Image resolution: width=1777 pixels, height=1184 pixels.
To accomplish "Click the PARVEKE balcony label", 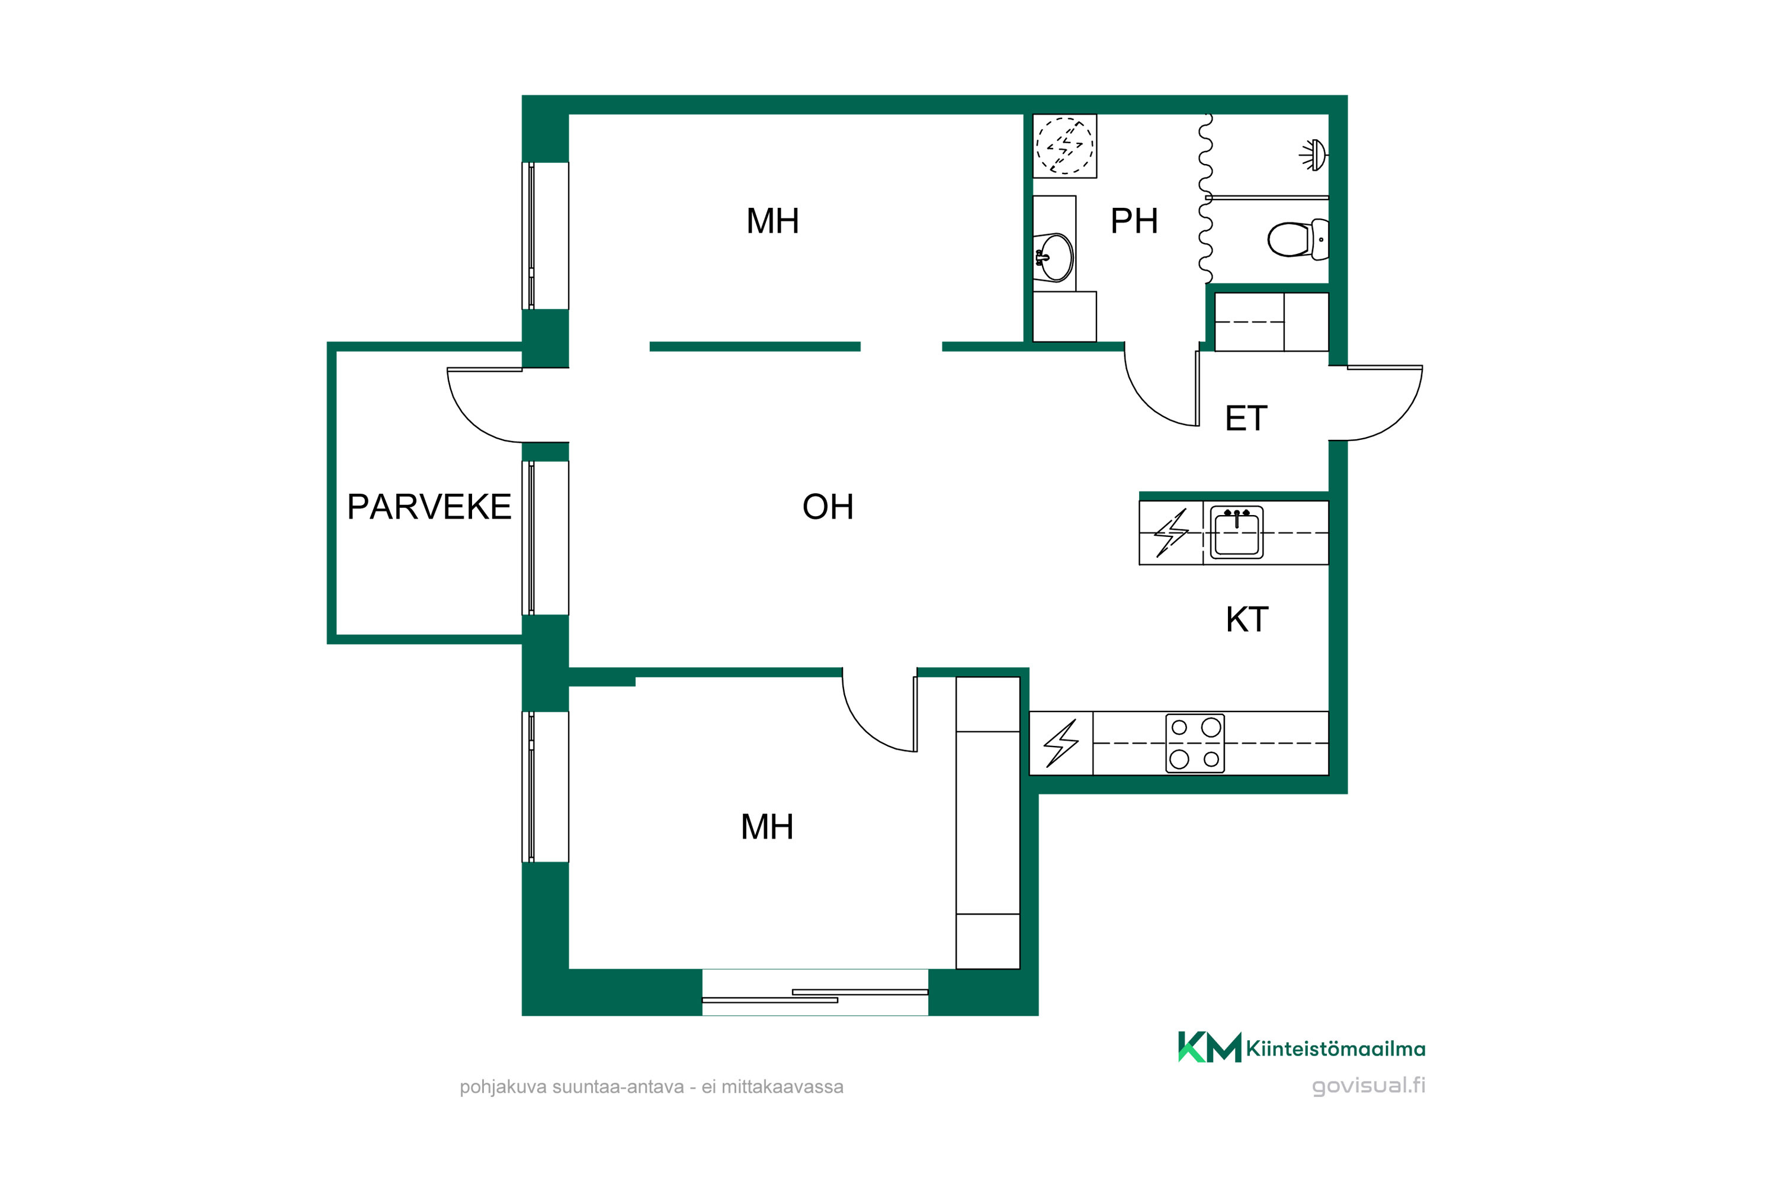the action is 429,507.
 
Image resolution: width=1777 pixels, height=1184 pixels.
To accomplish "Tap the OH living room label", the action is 828,507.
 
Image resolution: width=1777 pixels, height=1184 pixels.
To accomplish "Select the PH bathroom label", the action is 1134,221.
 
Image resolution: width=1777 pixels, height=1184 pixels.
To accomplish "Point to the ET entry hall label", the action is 1246,419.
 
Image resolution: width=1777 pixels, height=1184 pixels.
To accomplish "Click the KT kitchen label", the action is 1247,619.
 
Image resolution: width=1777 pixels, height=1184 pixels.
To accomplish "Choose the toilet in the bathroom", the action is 1298,239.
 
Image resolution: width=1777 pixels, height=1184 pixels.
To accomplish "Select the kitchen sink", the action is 1237,532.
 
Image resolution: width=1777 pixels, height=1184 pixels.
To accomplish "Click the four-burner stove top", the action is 1195,743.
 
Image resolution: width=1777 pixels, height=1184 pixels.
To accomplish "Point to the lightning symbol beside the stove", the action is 1061,744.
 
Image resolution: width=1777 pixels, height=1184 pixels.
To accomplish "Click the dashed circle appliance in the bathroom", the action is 1064,146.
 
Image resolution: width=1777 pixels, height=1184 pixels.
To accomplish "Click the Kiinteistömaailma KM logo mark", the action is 1209,1047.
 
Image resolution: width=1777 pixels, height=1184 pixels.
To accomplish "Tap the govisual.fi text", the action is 1368,1085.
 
